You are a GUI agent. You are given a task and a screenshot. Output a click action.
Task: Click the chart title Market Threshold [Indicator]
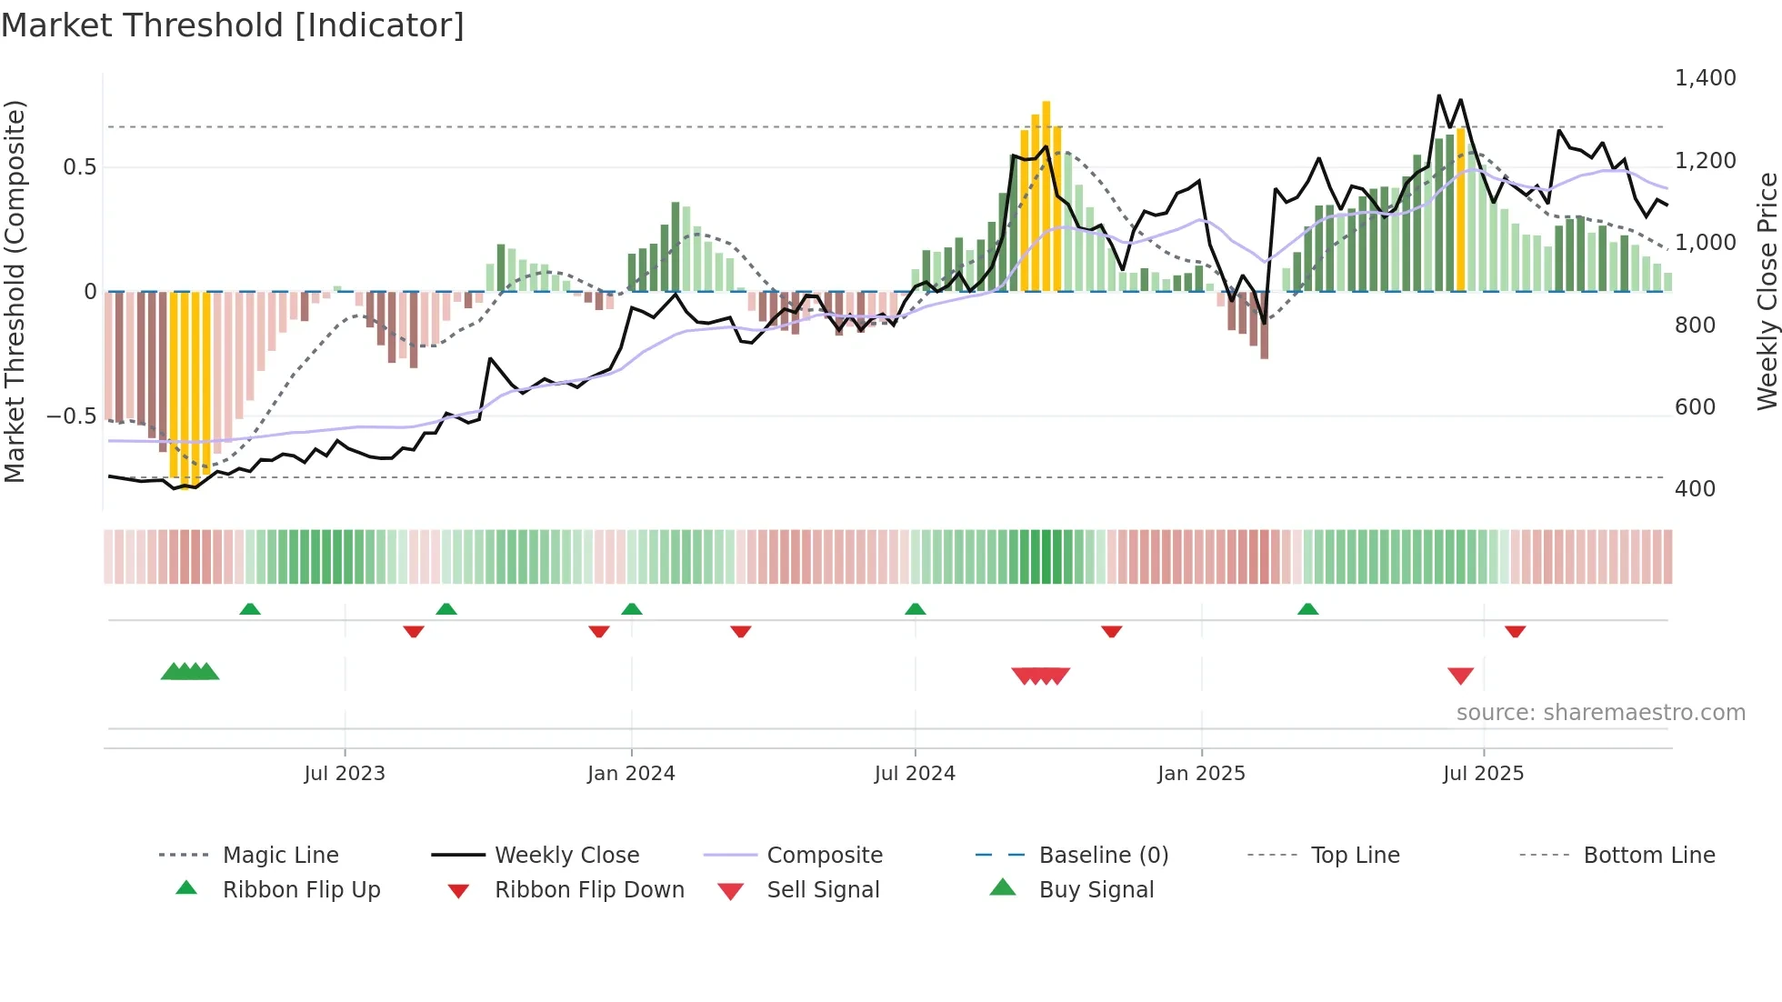coord(233,25)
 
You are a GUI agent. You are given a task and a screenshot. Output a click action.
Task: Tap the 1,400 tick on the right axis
coord(1705,78)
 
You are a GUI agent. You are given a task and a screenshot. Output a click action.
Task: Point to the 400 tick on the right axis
coord(1695,489)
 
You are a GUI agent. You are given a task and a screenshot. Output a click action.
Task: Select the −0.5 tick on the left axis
coord(72,416)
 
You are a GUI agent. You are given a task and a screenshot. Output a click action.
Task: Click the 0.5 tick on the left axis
coord(79,167)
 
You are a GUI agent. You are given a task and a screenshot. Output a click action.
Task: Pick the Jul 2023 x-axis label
coord(345,774)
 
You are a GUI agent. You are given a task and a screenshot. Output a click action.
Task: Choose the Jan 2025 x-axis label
coord(1201,774)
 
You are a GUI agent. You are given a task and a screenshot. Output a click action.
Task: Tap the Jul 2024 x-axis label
coord(915,774)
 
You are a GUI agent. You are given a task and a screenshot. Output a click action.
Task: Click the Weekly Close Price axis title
coord(1767,291)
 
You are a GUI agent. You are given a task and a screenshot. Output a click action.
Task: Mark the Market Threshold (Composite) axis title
coord(15,291)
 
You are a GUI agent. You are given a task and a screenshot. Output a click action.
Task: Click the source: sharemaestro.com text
coord(1600,713)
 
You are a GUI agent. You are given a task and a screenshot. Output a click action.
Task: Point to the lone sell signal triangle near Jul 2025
coord(1460,676)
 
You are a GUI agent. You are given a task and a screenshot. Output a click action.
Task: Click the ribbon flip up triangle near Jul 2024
coord(916,609)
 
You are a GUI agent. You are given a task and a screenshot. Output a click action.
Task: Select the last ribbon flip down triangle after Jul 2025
coord(1515,631)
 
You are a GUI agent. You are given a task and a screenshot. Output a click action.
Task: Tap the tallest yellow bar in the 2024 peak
coord(1046,195)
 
